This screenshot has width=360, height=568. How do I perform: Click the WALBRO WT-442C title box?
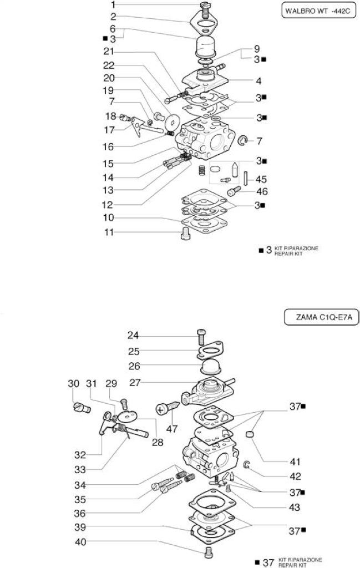319,11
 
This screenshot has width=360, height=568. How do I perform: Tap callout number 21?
109,52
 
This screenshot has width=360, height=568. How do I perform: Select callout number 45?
261,179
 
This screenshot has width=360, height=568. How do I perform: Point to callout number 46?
262,191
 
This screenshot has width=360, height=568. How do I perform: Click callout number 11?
109,232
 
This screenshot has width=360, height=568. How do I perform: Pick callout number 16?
108,146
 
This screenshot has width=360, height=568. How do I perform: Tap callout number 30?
74,383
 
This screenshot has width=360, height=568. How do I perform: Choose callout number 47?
171,429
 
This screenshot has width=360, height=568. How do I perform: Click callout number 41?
295,462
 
